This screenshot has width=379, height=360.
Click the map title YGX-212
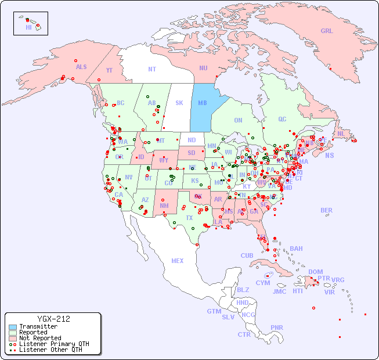[53, 319]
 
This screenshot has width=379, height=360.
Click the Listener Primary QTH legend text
[54, 344]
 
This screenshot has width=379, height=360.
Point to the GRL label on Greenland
[327, 31]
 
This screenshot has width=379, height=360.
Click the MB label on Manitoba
[203, 103]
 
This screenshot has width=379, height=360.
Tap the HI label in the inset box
[28, 27]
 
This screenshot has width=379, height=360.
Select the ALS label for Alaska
[81, 67]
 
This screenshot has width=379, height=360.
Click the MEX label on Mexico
[178, 261]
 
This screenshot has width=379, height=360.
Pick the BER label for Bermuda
[327, 210]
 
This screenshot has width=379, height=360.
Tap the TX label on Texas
[189, 218]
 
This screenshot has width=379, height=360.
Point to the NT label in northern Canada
[152, 69]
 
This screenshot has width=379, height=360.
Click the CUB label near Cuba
[247, 255]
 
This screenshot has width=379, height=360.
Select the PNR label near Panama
[277, 327]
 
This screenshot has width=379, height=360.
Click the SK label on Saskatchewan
[179, 103]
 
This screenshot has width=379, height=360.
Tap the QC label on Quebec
[282, 119]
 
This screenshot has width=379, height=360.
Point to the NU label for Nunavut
[203, 68]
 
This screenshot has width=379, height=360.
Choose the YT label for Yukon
[109, 70]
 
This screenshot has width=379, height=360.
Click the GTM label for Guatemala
[214, 311]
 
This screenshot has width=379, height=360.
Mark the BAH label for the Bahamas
[296, 249]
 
